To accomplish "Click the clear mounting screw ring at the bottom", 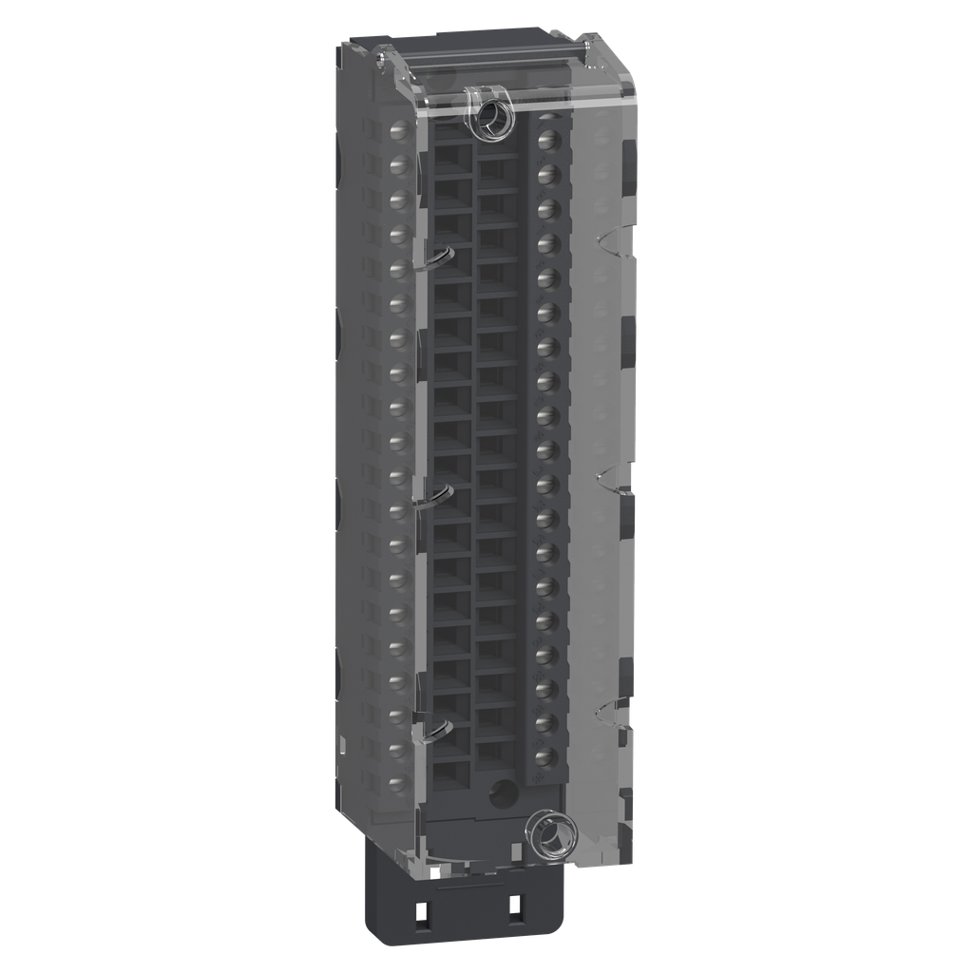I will point(553,836).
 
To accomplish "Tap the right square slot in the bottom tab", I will point(515,909).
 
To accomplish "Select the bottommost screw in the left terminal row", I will point(400,784).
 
